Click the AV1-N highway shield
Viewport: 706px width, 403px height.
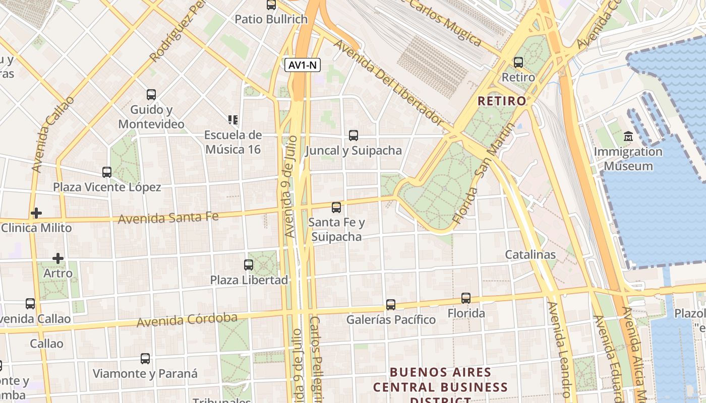click(303, 65)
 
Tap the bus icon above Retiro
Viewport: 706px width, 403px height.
click(518, 63)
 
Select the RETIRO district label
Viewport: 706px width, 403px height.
click(501, 101)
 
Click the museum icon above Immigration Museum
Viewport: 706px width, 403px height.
click(628, 137)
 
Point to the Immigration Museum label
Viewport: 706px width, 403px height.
click(628, 159)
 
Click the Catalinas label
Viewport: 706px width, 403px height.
click(531, 254)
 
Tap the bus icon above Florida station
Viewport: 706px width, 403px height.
click(466, 298)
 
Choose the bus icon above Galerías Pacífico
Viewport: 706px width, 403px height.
click(391, 305)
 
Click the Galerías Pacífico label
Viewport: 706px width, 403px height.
click(391, 320)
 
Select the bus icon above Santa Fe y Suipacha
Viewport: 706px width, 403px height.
click(336, 208)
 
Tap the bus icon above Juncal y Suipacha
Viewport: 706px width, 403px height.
click(354, 136)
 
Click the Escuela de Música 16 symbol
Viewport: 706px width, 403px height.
click(233, 120)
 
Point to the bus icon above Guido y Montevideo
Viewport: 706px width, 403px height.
click(151, 95)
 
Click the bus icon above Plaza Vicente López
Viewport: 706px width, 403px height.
click(107, 172)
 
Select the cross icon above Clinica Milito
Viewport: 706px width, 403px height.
click(36, 213)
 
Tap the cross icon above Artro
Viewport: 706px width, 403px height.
click(58, 258)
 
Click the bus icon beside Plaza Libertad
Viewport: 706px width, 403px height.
click(249, 265)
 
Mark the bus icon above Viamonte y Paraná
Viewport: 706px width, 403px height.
click(145, 359)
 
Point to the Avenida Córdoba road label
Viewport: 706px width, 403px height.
click(187, 319)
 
